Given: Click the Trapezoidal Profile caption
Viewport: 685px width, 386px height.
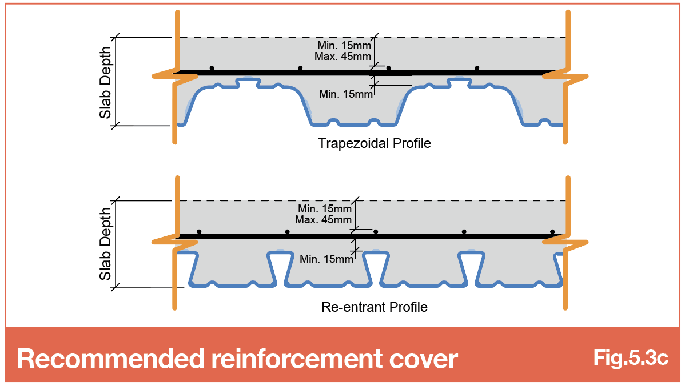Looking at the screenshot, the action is (x=375, y=143).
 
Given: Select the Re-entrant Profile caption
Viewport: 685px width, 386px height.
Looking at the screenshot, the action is (x=375, y=307).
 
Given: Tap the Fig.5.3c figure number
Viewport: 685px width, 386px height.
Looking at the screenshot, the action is (x=630, y=357).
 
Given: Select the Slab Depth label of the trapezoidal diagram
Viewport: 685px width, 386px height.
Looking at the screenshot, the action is (x=105, y=83).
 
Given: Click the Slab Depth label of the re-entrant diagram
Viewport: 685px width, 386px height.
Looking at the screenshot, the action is (x=105, y=244).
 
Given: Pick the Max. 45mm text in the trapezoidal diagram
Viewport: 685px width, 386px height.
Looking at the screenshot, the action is (x=342, y=57).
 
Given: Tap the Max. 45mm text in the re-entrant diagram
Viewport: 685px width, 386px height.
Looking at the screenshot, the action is (x=323, y=220).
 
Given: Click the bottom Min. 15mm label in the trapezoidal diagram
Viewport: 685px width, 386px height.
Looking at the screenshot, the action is (x=345, y=94).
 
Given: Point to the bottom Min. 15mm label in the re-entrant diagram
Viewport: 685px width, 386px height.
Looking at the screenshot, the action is (x=326, y=259).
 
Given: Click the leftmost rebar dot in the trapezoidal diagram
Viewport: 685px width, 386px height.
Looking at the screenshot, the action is (x=212, y=68).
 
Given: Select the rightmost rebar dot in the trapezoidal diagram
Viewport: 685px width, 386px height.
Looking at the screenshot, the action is (x=477, y=68).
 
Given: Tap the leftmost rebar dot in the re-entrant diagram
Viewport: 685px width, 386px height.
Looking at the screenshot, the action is (x=199, y=232).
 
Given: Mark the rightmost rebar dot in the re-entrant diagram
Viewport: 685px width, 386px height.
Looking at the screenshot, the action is (x=552, y=232).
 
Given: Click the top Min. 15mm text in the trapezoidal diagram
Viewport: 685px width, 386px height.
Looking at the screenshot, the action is (x=344, y=45).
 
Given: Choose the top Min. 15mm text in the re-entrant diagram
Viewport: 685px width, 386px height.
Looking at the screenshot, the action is (x=325, y=209).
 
